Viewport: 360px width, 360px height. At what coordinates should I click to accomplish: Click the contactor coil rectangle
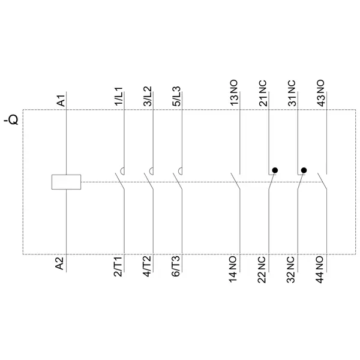[x=66, y=182]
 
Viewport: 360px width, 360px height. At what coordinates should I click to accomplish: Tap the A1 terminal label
[x=61, y=100]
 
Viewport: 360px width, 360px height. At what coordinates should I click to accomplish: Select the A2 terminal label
[x=59, y=263]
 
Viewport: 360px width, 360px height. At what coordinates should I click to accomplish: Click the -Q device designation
[x=11, y=119]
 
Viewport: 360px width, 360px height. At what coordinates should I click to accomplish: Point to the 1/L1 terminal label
[x=119, y=97]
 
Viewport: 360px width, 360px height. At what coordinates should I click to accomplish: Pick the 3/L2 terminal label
[x=148, y=96]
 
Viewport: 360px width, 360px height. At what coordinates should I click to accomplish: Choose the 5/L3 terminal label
[x=176, y=97]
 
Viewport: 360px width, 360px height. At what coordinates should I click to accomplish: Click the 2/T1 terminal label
[x=118, y=267]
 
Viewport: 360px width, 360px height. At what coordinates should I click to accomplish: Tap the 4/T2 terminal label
[x=147, y=266]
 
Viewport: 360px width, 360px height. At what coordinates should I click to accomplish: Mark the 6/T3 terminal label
[x=176, y=266]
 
